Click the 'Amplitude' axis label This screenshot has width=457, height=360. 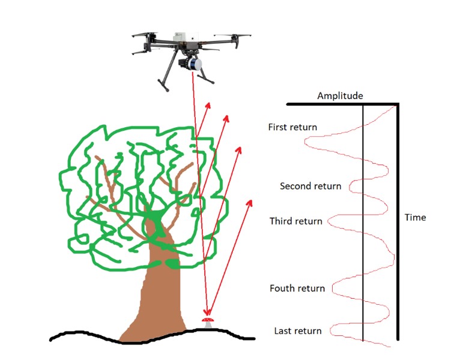click(340, 96)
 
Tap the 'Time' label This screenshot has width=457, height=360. click(415, 217)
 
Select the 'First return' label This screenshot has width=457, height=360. click(292, 127)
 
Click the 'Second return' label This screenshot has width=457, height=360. click(310, 186)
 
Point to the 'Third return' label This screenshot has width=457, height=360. click(295, 221)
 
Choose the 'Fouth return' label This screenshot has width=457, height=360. click(297, 289)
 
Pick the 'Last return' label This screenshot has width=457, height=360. click(298, 331)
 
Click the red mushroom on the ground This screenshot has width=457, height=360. click(208, 323)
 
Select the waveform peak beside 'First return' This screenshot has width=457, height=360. click(307, 142)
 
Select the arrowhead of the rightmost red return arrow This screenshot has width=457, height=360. click(249, 202)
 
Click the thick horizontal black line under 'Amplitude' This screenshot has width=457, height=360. click(342, 104)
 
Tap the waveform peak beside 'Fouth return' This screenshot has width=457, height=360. click(333, 290)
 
